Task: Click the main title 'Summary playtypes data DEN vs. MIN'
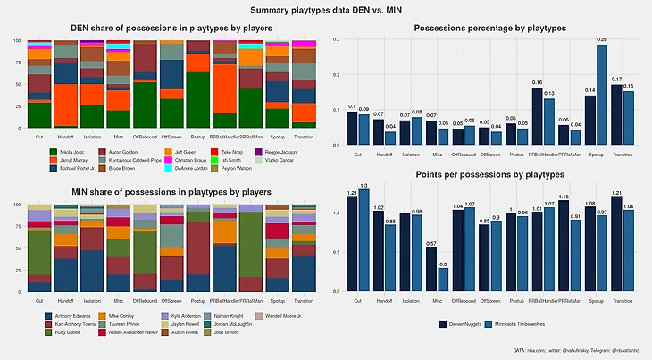point(326,10)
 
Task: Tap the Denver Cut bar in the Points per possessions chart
point(352,243)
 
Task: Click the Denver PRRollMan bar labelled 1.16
point(563,246)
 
